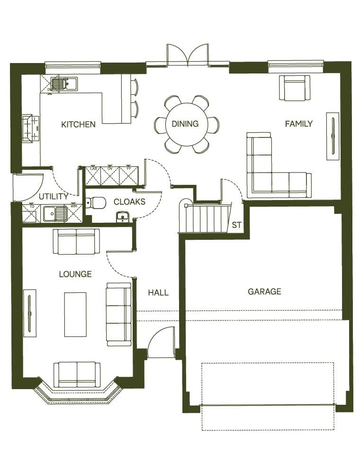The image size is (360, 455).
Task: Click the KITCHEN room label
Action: click(78, 125)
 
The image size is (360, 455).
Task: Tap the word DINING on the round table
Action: click(185, 124)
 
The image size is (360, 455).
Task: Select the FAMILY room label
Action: click(298, 124)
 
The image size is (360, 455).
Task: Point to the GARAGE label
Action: click(264, 291)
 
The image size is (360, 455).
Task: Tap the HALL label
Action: click(158, 292)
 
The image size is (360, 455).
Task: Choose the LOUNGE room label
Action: click(75, 274)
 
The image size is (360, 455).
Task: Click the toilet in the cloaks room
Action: click(97, 203)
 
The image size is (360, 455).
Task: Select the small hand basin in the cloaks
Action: click(122, 217)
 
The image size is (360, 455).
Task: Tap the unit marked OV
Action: click(110, 176)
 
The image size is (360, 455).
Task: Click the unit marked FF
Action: click(128, 176)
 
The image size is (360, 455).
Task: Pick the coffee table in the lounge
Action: click(75, 314)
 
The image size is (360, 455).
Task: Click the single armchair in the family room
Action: click(294, 88)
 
